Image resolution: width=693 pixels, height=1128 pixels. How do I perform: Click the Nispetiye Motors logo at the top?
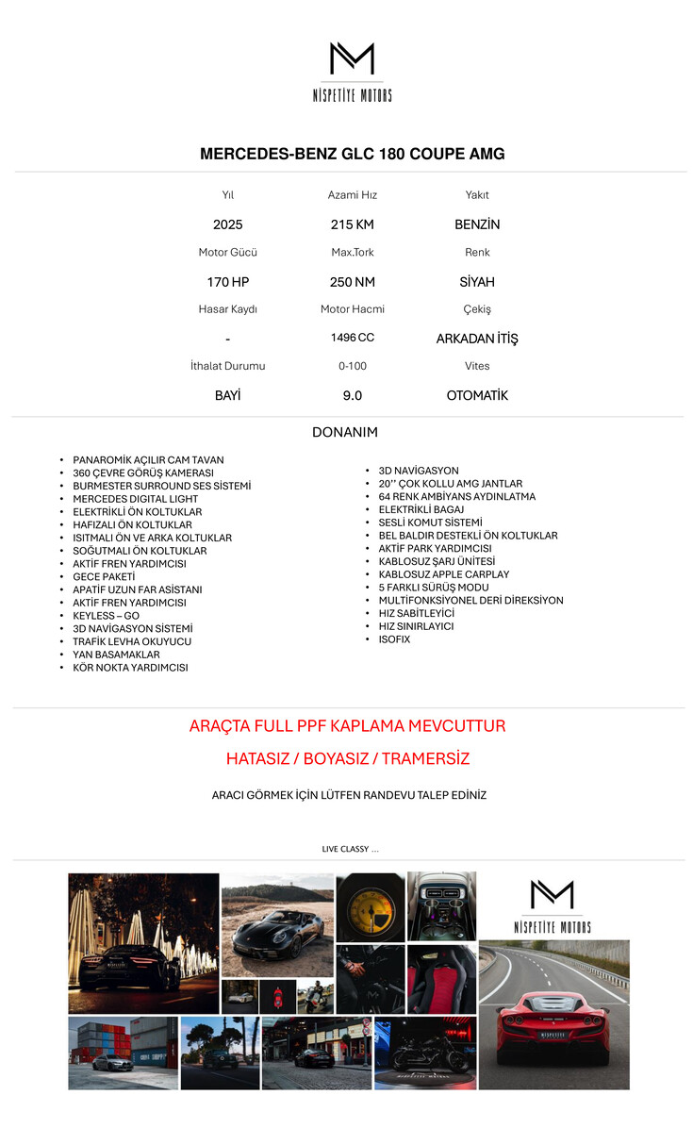(x=352, y=71)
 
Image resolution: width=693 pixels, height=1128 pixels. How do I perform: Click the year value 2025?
(x=228, y=224)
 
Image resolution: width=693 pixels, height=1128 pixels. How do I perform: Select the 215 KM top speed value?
(x=353, y=224)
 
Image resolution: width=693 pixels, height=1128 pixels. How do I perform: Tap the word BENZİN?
(x=477, y=224)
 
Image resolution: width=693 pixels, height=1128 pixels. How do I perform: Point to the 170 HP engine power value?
(x=228, y=282)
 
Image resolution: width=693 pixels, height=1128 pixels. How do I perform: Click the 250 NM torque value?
(x=353, y=282)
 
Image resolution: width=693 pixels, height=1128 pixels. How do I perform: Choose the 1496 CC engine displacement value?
(x=353, y=338)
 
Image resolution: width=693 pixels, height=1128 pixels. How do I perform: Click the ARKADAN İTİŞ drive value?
(x=477, y=339)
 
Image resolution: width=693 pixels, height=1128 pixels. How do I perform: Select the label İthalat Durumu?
(x=228, y=366)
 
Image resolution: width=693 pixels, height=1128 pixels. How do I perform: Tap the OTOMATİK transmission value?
(x=477, y=396)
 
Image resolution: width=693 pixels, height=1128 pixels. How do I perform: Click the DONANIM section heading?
(x=345, y=433)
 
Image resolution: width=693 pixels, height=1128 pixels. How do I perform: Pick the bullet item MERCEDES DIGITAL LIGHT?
(x=136, y=499)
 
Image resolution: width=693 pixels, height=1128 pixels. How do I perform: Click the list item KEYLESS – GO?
(x=106, y=616)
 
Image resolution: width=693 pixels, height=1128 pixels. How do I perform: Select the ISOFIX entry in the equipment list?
(x=394, y=639)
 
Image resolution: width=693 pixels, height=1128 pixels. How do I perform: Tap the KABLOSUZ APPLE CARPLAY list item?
(x=444, y=574)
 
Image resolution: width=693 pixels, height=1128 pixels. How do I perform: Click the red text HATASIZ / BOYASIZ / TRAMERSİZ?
(x=348, y=759)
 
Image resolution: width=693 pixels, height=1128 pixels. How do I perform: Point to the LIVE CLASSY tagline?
(x=350, y=850)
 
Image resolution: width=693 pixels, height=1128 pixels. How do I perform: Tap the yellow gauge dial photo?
(x=371, y=906)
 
